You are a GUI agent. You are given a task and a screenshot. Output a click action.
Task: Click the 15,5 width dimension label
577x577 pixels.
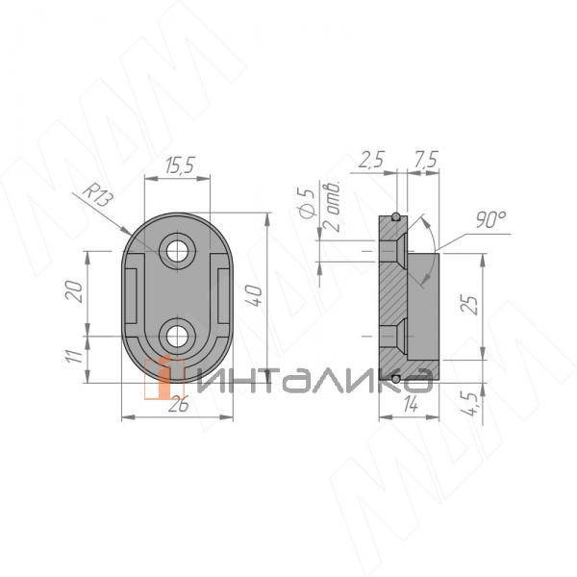pyautogui.click(x=180, y=165)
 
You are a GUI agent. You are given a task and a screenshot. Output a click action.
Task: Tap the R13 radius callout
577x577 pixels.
pyautogui.click(x=97, y=195)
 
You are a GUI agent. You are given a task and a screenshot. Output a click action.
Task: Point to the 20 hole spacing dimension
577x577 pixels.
pyautogui.click(x=73, y=291)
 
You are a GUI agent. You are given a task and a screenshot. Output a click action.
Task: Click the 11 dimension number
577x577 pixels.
pyautogui.click(x=73, y=356)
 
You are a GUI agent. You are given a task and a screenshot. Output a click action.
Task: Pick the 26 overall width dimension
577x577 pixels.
pyautogui.click(x=178, y=405)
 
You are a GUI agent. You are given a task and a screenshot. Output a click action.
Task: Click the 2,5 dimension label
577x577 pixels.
pyautogui.click(x=371, y=160)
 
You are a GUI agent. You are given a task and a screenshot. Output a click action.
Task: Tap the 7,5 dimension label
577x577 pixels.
pyautogui.click(x=425, y=160)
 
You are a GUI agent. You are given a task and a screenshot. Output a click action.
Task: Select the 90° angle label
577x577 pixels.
pyautogui.click(x=490, y=219)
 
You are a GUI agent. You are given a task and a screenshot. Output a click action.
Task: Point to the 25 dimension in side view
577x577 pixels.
pyautogui.click(x=469, y=305)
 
